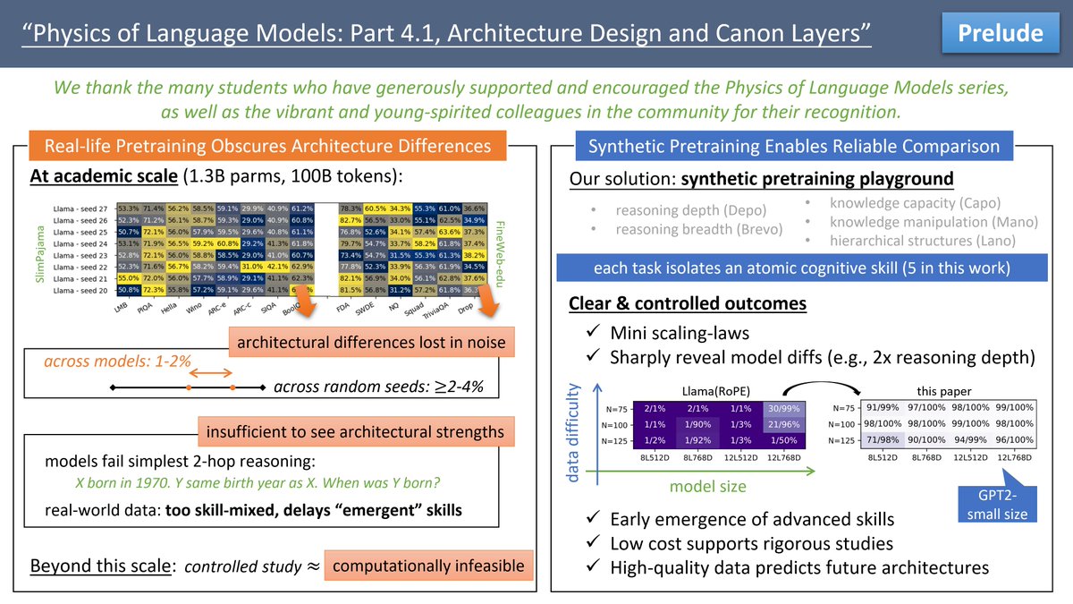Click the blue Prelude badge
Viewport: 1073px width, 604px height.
pyautogui.click(x=1001, y=33)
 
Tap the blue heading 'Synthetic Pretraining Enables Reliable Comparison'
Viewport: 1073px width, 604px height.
pyautogui.click(x=794, y=147)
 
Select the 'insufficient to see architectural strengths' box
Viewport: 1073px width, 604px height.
pyautogui.click(x=355, y=432)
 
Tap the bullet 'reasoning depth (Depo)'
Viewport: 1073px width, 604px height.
pyautogui.click(x=690, y=211)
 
